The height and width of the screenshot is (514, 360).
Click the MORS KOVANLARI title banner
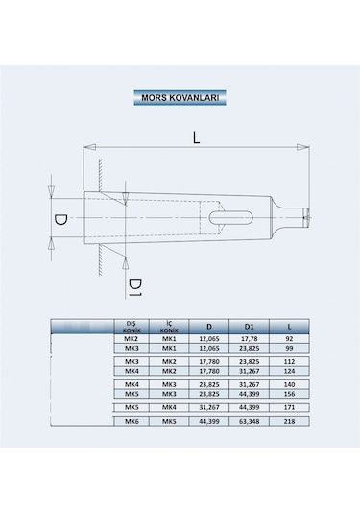(x=180, y=98)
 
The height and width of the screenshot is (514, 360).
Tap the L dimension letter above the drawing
(x=196, y=137)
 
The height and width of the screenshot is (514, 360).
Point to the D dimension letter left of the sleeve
(x=60, y=220)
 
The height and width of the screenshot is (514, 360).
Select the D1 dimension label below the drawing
(x=135, y=287)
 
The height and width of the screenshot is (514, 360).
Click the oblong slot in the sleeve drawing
(x=231, y=218)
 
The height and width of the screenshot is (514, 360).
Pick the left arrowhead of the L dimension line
(x=89, y=147)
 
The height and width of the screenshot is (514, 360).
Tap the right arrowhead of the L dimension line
(x=303, y=147)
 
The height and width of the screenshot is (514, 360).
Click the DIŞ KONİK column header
(x=132, y=327)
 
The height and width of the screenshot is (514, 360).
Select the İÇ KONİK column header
(x=169, y=327)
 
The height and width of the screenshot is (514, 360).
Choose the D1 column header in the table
(x=250, y=327)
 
